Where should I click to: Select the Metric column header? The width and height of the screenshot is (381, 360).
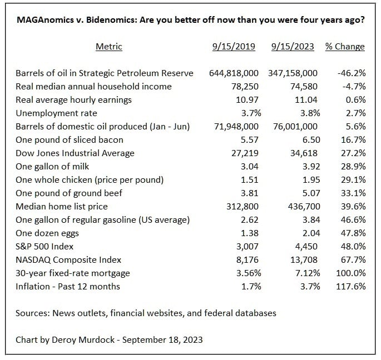click(x=109, y=47)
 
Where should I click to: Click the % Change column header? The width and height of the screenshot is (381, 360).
click(x=345, y=47)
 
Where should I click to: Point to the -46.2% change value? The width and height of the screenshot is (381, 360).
click(x=352, y=73)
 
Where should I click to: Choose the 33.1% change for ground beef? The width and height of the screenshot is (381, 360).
click(x=353, y=193)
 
